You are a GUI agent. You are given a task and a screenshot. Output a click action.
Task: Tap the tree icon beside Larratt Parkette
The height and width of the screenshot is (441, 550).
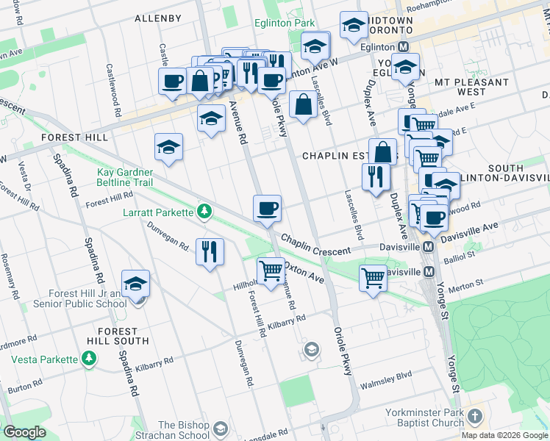click(204, 212)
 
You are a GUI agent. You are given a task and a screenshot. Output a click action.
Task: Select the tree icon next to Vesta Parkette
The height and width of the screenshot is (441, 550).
click(89, 359)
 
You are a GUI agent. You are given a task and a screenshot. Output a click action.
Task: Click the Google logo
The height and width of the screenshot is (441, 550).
click(24, 433)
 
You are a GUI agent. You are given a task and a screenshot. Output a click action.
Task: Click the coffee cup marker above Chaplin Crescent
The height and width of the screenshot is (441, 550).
click(267, 209)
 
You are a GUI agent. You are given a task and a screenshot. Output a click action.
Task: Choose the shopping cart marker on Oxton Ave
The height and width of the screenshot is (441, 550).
click(271, 271)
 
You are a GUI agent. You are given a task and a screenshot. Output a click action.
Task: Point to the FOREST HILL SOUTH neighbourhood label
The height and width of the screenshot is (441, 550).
click(117, 337)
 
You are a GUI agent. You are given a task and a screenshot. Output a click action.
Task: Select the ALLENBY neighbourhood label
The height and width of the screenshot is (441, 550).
click(158, 18)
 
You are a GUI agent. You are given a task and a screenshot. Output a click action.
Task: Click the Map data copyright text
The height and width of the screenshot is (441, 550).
click(504, 435)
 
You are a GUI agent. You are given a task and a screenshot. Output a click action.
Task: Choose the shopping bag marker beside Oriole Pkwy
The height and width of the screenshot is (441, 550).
click(303, 105)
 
